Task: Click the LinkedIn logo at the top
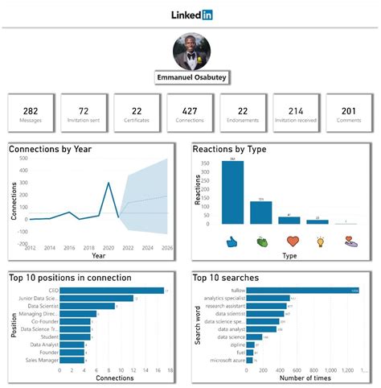(191, 14)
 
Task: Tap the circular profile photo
(191, 51)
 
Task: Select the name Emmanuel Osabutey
(190, 79)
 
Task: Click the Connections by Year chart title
(50, 150)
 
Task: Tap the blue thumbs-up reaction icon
(233, 240)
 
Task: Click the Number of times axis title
(308, 378)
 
